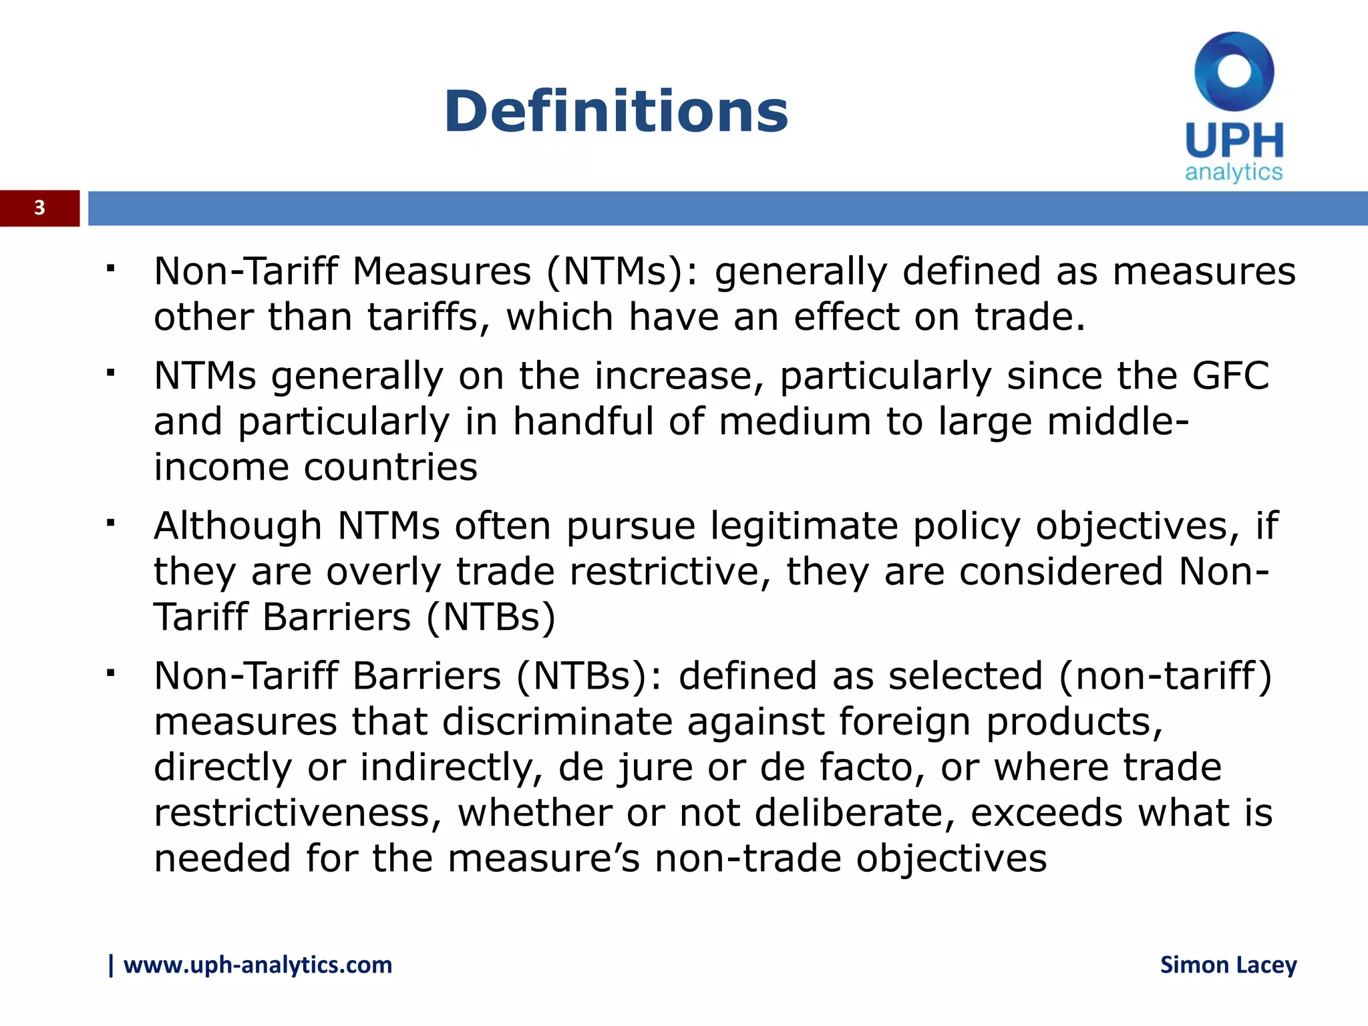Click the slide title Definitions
click(615, 111)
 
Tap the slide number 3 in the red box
click(39, 208)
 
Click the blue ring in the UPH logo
click(1234, 71)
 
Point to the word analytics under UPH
click(1234, 172)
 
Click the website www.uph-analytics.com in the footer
click(257, 965)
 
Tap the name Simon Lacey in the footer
click(1228, 965)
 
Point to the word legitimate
click(804, 526)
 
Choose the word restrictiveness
click(298, 813)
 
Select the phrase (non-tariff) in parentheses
click(1166, 676)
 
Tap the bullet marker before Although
click(111, 521)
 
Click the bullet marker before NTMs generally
click(111, 371)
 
